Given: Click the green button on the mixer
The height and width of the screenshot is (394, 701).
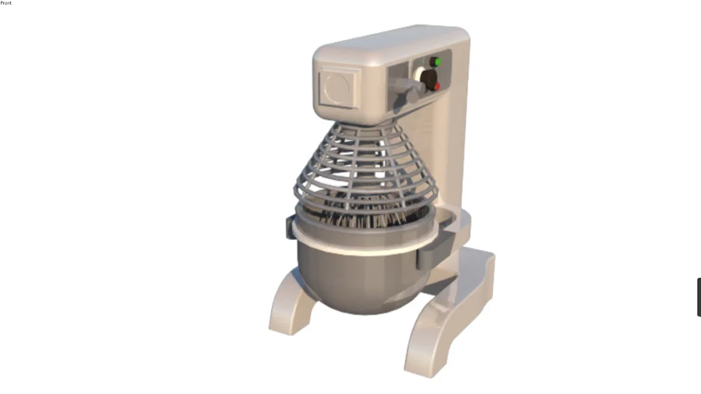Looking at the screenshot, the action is (436, 62).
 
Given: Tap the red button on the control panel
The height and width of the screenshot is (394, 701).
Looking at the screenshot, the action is (437, 86).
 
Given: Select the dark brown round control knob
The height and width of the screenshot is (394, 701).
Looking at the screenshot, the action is (429, 79).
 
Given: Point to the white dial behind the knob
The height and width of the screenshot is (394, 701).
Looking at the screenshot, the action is (419, 74).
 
